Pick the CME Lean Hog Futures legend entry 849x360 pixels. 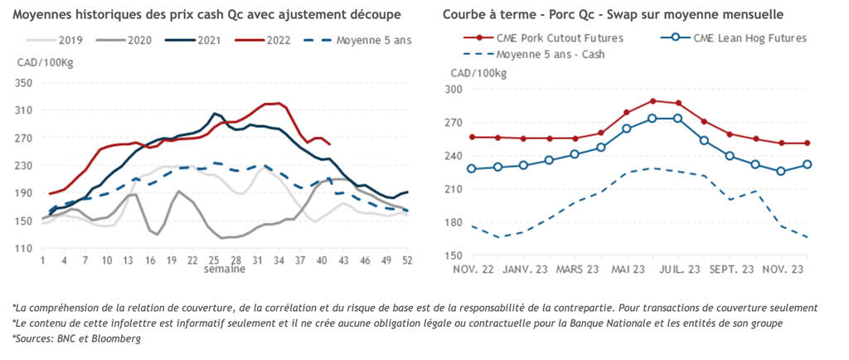tap(740, 38)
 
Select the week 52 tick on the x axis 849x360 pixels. tap(407, 260)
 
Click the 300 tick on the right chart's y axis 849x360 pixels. tap(455, 90)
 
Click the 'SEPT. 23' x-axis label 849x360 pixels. tap(729, 270)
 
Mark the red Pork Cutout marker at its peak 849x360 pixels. tap(653, 101)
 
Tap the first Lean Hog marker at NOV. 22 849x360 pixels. tap(472, 168)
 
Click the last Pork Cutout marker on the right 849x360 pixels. tap(807, 144)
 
